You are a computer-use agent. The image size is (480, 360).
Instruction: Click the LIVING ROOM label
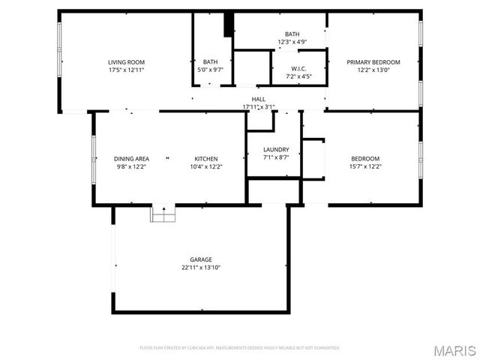coord(126,62)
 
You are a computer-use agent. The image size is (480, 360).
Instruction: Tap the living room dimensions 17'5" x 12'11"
coord(126,70)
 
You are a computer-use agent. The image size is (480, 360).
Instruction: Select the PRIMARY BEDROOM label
coord(373,62)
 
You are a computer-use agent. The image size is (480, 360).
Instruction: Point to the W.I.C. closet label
coord(298,68)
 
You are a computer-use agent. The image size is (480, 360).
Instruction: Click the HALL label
coord(258,99)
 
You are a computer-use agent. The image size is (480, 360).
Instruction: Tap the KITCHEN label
coord(206,159)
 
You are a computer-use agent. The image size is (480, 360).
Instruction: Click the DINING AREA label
coord(131,159)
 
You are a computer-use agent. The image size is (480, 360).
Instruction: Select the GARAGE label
coord(200,259)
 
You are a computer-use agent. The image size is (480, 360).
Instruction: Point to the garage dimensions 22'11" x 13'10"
coord(200,268)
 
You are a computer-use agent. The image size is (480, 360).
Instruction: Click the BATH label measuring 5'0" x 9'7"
coord(210,62)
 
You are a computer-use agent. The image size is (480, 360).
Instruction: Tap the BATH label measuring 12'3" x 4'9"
coord(292,34)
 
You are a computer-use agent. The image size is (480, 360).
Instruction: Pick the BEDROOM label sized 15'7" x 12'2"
coord(365,159)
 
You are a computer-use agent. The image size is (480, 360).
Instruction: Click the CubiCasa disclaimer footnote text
coord(240,348)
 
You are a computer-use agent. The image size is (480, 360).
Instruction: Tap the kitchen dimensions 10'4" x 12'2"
coord(206,166)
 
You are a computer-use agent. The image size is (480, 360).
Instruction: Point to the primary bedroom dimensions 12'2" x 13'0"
coord(373,70)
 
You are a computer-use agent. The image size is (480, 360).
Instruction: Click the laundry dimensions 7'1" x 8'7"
coord(276,157)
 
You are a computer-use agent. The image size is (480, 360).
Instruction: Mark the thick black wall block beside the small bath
coord(229,24)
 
